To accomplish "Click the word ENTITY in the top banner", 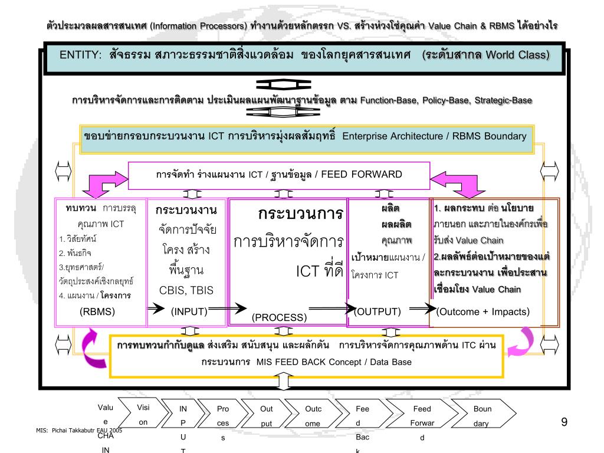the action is (x=80, y=55).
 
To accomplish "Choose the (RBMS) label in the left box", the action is (x=97, y=311).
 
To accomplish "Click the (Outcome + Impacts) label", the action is (x=483, y=311).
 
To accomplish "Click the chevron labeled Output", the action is (x=266, y=415).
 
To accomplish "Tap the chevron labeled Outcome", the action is (x=313, y=415).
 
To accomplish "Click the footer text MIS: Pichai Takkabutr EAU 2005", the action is (x=79, y=431).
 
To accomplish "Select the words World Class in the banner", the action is (x=518, y=55).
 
